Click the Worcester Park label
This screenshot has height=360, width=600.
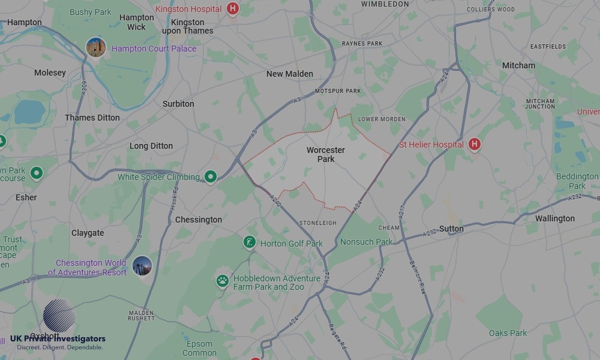click(325, 154)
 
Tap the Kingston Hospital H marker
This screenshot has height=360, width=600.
click(233, 9)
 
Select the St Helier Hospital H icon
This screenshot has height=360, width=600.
click(475, 144)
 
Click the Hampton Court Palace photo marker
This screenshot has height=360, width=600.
click(96, 47)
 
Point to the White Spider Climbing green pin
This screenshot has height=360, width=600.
click(210, 176)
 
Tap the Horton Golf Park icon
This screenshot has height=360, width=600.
click(249, 242)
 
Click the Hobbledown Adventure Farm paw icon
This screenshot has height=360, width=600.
click(223, 281)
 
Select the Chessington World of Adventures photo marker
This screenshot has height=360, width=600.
click(142, 266)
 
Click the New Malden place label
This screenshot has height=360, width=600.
click(290, 74)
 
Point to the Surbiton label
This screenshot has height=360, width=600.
click(178, 104)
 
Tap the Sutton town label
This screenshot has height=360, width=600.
click(451, 229)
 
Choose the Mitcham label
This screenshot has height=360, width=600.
click(518, 65)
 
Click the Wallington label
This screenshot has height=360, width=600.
click(554, 218)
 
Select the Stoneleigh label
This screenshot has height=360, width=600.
click(318, 223)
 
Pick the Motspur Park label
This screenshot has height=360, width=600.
click(338, 91)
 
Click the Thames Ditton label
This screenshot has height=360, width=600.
click(92, 118)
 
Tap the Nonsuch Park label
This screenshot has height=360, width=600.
click(366, 242)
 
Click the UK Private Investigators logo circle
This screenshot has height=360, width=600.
click(59, 316)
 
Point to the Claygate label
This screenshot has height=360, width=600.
click(88, 233)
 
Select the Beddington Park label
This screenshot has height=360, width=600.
click(577, 181)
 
